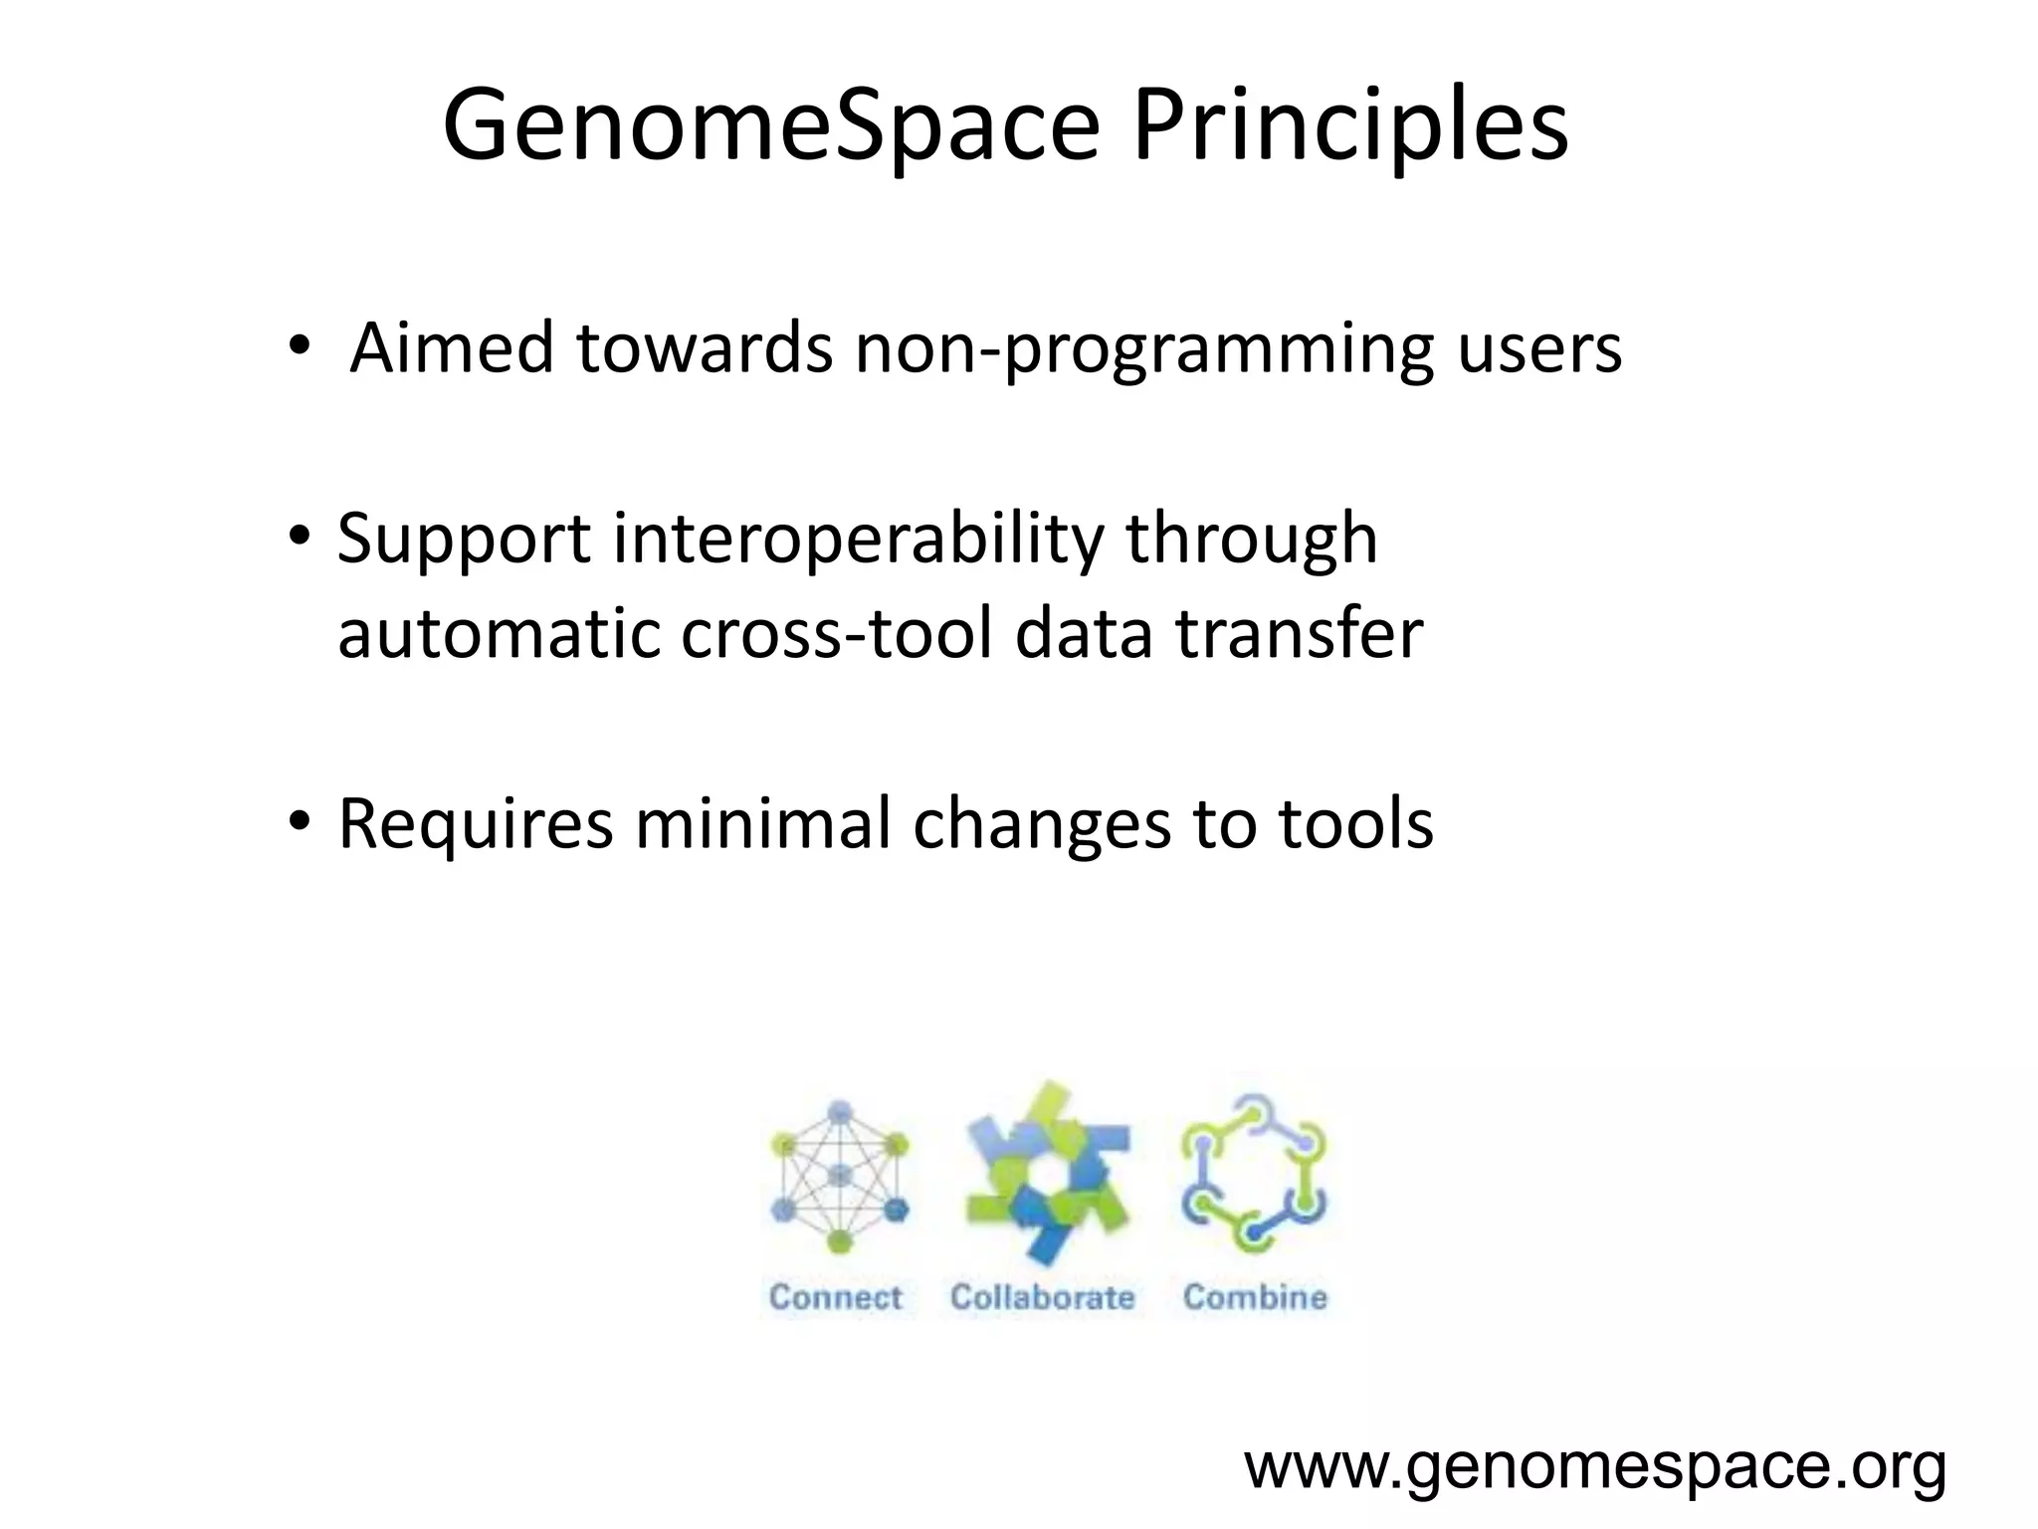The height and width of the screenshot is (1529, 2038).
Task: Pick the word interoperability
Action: pyautogui.click(x=858, y=538)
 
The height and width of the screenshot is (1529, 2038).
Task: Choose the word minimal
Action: pyautogui.click(x=762, y=823)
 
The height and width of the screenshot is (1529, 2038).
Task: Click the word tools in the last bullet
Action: pyautogui.click(x=1355, y=823)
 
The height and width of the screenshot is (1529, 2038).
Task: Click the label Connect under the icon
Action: pyautogui.click(x=835, y=1297)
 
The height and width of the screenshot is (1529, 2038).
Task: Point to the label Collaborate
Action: pyautogui.click(x=1042, y=1297)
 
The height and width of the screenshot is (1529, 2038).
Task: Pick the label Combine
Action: pyautogui.click(x=1255, y=1297)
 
